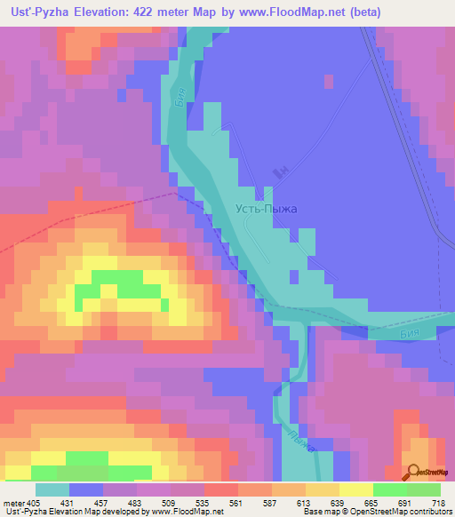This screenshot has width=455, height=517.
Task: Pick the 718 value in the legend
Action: (x=439, y=503)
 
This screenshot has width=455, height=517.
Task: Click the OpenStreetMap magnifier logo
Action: (x=413, y=473)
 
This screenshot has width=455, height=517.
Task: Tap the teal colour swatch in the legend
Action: (x=52, y=489)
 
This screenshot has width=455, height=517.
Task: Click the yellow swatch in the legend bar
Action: (x=356, y=489)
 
